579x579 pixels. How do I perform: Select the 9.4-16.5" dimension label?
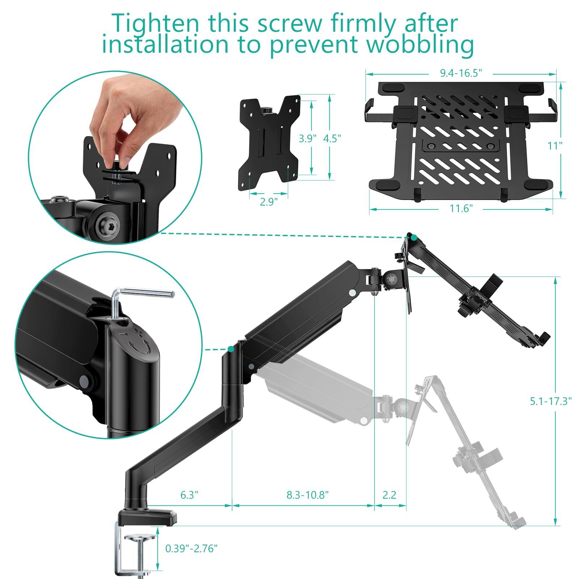click(461, 73)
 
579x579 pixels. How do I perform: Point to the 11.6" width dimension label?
click(461, 209)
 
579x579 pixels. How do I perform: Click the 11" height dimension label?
click(555, 145)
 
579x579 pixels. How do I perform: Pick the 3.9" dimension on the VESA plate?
click(307, 138)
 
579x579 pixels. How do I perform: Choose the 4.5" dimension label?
click(332, 138)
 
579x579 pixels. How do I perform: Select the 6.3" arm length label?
click(189, 495)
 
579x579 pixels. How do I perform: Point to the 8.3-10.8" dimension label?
click(308, 495)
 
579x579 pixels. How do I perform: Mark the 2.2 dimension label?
click(389, 495)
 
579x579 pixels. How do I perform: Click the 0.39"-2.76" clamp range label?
click(191, 548)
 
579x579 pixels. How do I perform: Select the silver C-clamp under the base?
click(134, 550)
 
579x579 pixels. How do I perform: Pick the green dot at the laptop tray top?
click(414, 238)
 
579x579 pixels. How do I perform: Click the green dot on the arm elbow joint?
click(231, 349)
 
